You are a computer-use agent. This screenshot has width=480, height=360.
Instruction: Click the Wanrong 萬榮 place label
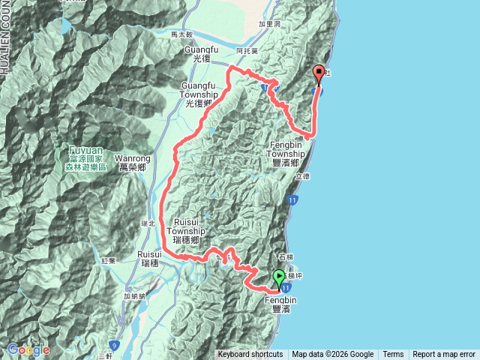click(x=134, y=163)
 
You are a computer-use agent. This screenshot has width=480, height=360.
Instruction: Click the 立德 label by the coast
click(x=302, y=176)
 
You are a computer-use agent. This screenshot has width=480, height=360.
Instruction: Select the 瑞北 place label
click(x=146, y=223)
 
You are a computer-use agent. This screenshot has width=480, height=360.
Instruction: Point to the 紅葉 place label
click(x=109, y=260)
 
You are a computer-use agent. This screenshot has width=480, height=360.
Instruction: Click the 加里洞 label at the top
click(x=268, y=24)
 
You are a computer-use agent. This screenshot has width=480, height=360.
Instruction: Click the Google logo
click(x=28, y=349)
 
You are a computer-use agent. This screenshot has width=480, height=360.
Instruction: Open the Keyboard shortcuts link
click(x=250, y=355)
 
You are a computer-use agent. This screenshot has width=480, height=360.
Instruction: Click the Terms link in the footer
click(x=393, y=355)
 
